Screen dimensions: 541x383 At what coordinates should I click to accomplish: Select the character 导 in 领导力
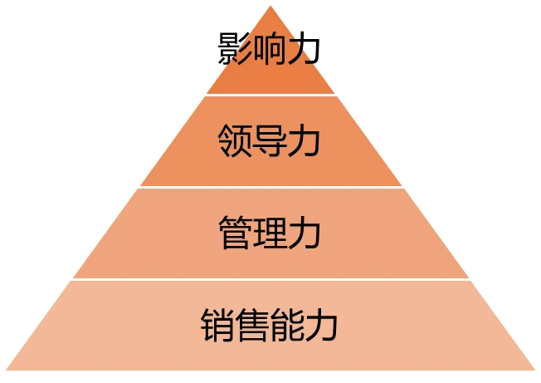(x=270, y=141)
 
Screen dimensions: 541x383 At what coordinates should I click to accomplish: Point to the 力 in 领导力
(x=305, y=141)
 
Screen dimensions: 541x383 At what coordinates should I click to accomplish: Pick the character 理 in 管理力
(x=270, y=233)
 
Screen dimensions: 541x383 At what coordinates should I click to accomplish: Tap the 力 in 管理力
(x=305, y=233)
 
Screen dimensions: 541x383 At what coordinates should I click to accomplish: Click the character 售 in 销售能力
(x=252, y=325)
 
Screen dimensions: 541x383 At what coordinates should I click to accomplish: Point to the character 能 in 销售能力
(x=287, y=325)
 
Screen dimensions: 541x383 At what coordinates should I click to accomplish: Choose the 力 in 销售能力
(x=322, y=325)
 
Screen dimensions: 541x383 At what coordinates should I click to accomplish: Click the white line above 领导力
(x=270, y=95)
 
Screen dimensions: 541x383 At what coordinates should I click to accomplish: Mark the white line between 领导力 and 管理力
(x=270, y=187)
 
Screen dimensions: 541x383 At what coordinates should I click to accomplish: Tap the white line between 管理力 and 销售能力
(x=270, y=279)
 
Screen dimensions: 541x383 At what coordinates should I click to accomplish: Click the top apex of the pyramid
(x=270, y=4)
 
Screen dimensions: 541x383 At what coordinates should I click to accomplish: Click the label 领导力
(x=270, y=141)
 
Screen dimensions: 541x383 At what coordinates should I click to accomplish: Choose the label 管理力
(x=270, y=233)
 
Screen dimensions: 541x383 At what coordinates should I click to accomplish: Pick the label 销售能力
(x=270, y=325)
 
